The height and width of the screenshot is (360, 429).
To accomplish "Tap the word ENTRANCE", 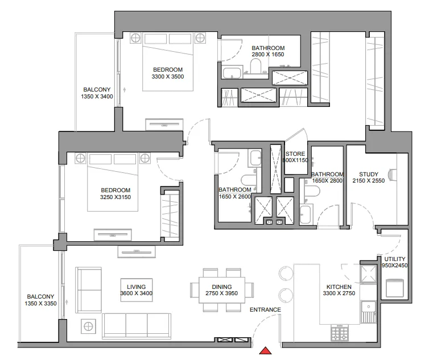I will (265, 310).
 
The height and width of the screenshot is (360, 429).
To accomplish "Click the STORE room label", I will (295, 154).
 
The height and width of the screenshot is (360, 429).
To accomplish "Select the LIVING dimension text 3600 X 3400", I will (137, 293).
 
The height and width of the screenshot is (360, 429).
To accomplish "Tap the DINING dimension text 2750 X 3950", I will (221, 293).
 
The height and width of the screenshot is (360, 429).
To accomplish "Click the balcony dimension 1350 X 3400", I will (97, 97).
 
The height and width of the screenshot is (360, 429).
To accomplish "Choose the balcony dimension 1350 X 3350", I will (40, 304).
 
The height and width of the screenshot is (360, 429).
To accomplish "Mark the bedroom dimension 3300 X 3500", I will (168, 76).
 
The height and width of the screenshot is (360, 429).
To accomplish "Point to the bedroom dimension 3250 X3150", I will (115, 197).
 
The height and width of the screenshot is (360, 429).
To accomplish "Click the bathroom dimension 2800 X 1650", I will (267, 55).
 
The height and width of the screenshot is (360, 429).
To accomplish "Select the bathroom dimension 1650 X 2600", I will (234, 197).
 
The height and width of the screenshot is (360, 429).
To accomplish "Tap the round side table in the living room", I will (89, 326).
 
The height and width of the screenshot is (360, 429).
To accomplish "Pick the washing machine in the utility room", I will (395, 288).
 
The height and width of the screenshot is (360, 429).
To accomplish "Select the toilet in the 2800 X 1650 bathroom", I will (254, 69).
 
